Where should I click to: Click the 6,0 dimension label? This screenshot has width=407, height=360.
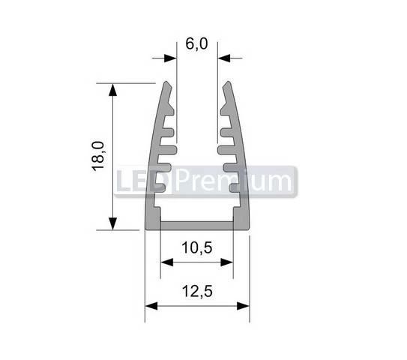point(196,43)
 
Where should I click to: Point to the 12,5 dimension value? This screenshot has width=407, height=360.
point(196,289)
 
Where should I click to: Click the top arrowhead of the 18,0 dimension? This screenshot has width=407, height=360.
point(113,89)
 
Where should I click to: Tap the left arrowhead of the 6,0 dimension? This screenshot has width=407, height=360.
point(169,57)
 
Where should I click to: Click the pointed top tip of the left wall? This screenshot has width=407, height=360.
point(166,83)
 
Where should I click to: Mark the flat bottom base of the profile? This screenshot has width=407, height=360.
point(196,225)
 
